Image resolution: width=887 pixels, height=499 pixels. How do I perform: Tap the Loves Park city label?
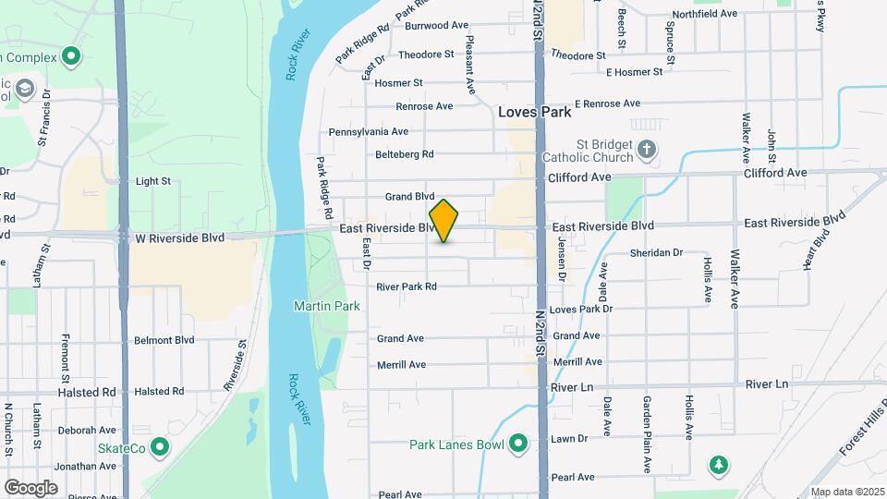click(x=534, y=112)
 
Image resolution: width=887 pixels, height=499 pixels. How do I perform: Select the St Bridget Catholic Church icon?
click(x=648, y=148)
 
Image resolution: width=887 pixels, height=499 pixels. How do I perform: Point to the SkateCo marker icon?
click(x=160, y=448)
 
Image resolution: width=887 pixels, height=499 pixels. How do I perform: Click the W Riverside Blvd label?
click(x=180, y=237)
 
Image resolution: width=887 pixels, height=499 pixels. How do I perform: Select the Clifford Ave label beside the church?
click(x=579, y=176)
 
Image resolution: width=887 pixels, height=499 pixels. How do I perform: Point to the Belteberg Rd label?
click(x=405, y=154)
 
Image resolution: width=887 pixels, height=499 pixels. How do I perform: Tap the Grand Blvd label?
click(x=409, y=197)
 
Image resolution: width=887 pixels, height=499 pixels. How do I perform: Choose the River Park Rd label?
click(x=406, y=286)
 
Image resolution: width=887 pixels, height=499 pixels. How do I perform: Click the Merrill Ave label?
click(x=401, y=365)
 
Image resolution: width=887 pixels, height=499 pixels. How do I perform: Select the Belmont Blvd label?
click(x=164, y=340)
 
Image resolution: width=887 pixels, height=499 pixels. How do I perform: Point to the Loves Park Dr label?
click(x=580, y=309)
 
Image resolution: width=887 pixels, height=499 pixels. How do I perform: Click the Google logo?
click(x=30, y=487)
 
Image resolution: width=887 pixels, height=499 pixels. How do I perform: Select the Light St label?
click(x=153, y=182)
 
